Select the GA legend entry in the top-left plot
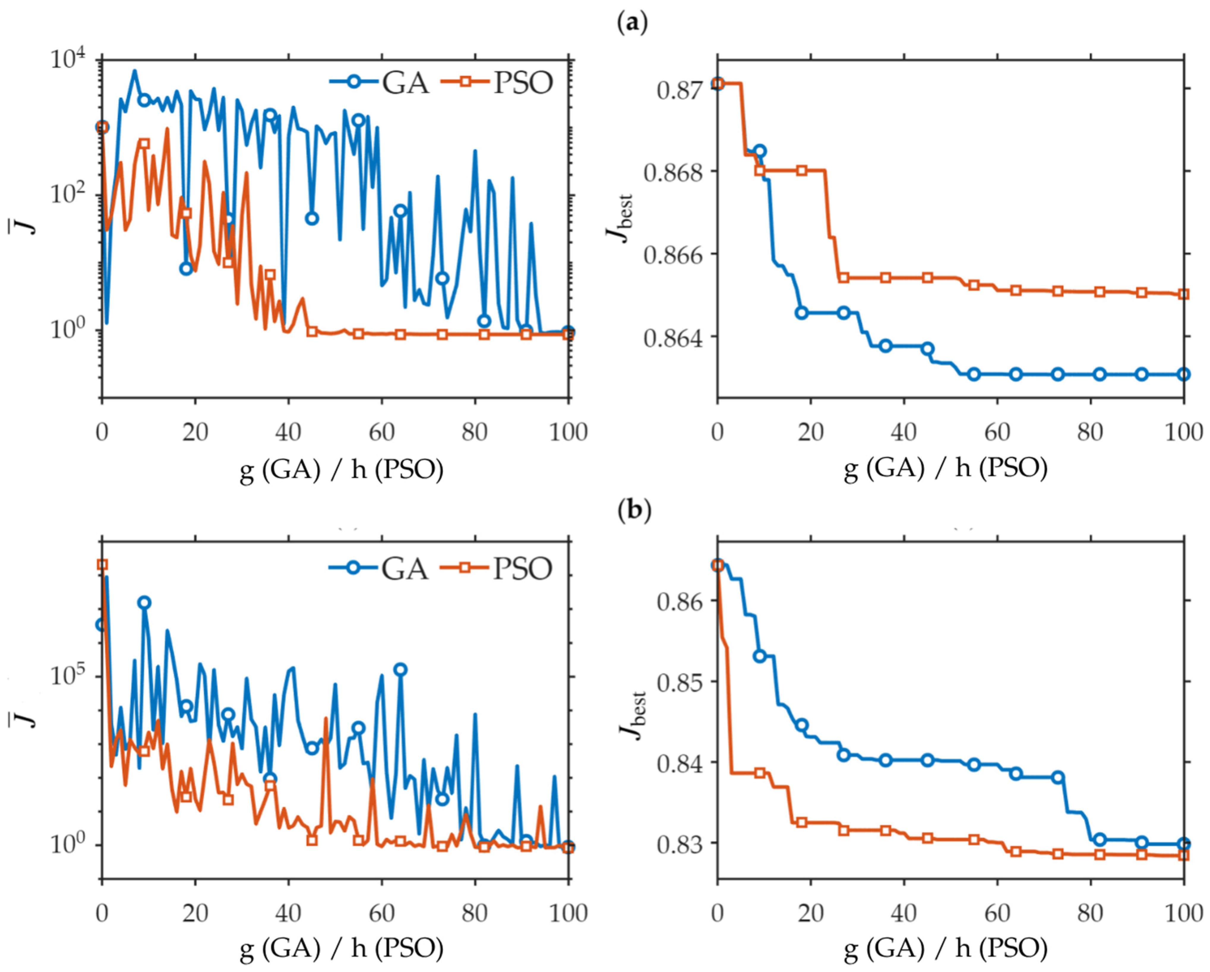tap(379, 83)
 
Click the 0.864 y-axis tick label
tap(669, 337)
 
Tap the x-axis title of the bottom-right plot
tap(946, 949)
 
